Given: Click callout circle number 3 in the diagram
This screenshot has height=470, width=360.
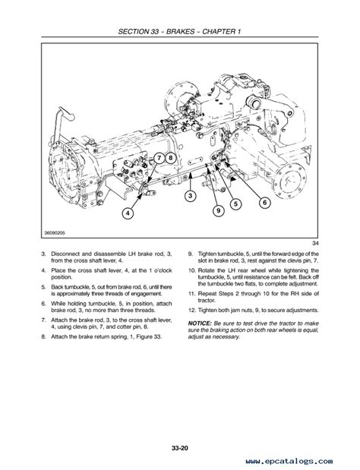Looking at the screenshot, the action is [x=190, y=196].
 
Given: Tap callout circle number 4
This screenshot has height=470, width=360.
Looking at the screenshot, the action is [x=128, y=213].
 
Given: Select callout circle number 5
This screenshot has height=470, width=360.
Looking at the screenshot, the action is [x=235, y=204].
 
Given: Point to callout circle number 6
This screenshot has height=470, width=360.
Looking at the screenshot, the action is [x=264, y=203].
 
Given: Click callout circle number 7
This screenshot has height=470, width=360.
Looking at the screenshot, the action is [x=159, y=158].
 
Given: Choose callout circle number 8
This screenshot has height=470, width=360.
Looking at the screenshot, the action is [x=170, y=158].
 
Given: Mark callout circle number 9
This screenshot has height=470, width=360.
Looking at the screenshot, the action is [x=218, y=210].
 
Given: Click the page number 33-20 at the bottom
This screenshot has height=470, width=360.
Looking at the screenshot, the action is [x=180, y=448].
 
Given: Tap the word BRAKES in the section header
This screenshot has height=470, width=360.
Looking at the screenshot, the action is [x=180, y=31].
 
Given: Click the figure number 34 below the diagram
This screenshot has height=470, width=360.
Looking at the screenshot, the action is [x=315, y=243].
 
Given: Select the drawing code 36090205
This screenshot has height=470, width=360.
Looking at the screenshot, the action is [x=55, y=232].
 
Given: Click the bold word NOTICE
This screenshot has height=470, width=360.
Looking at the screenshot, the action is [x=200, y=323].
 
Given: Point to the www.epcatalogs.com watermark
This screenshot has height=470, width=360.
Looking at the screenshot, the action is [x=289, y=461].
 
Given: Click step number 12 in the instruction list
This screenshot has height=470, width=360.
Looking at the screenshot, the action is [x=192, y=311].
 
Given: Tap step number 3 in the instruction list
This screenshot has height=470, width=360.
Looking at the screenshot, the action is [x=44, y=254].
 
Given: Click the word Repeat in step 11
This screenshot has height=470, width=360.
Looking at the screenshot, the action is [x=207, y=294].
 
